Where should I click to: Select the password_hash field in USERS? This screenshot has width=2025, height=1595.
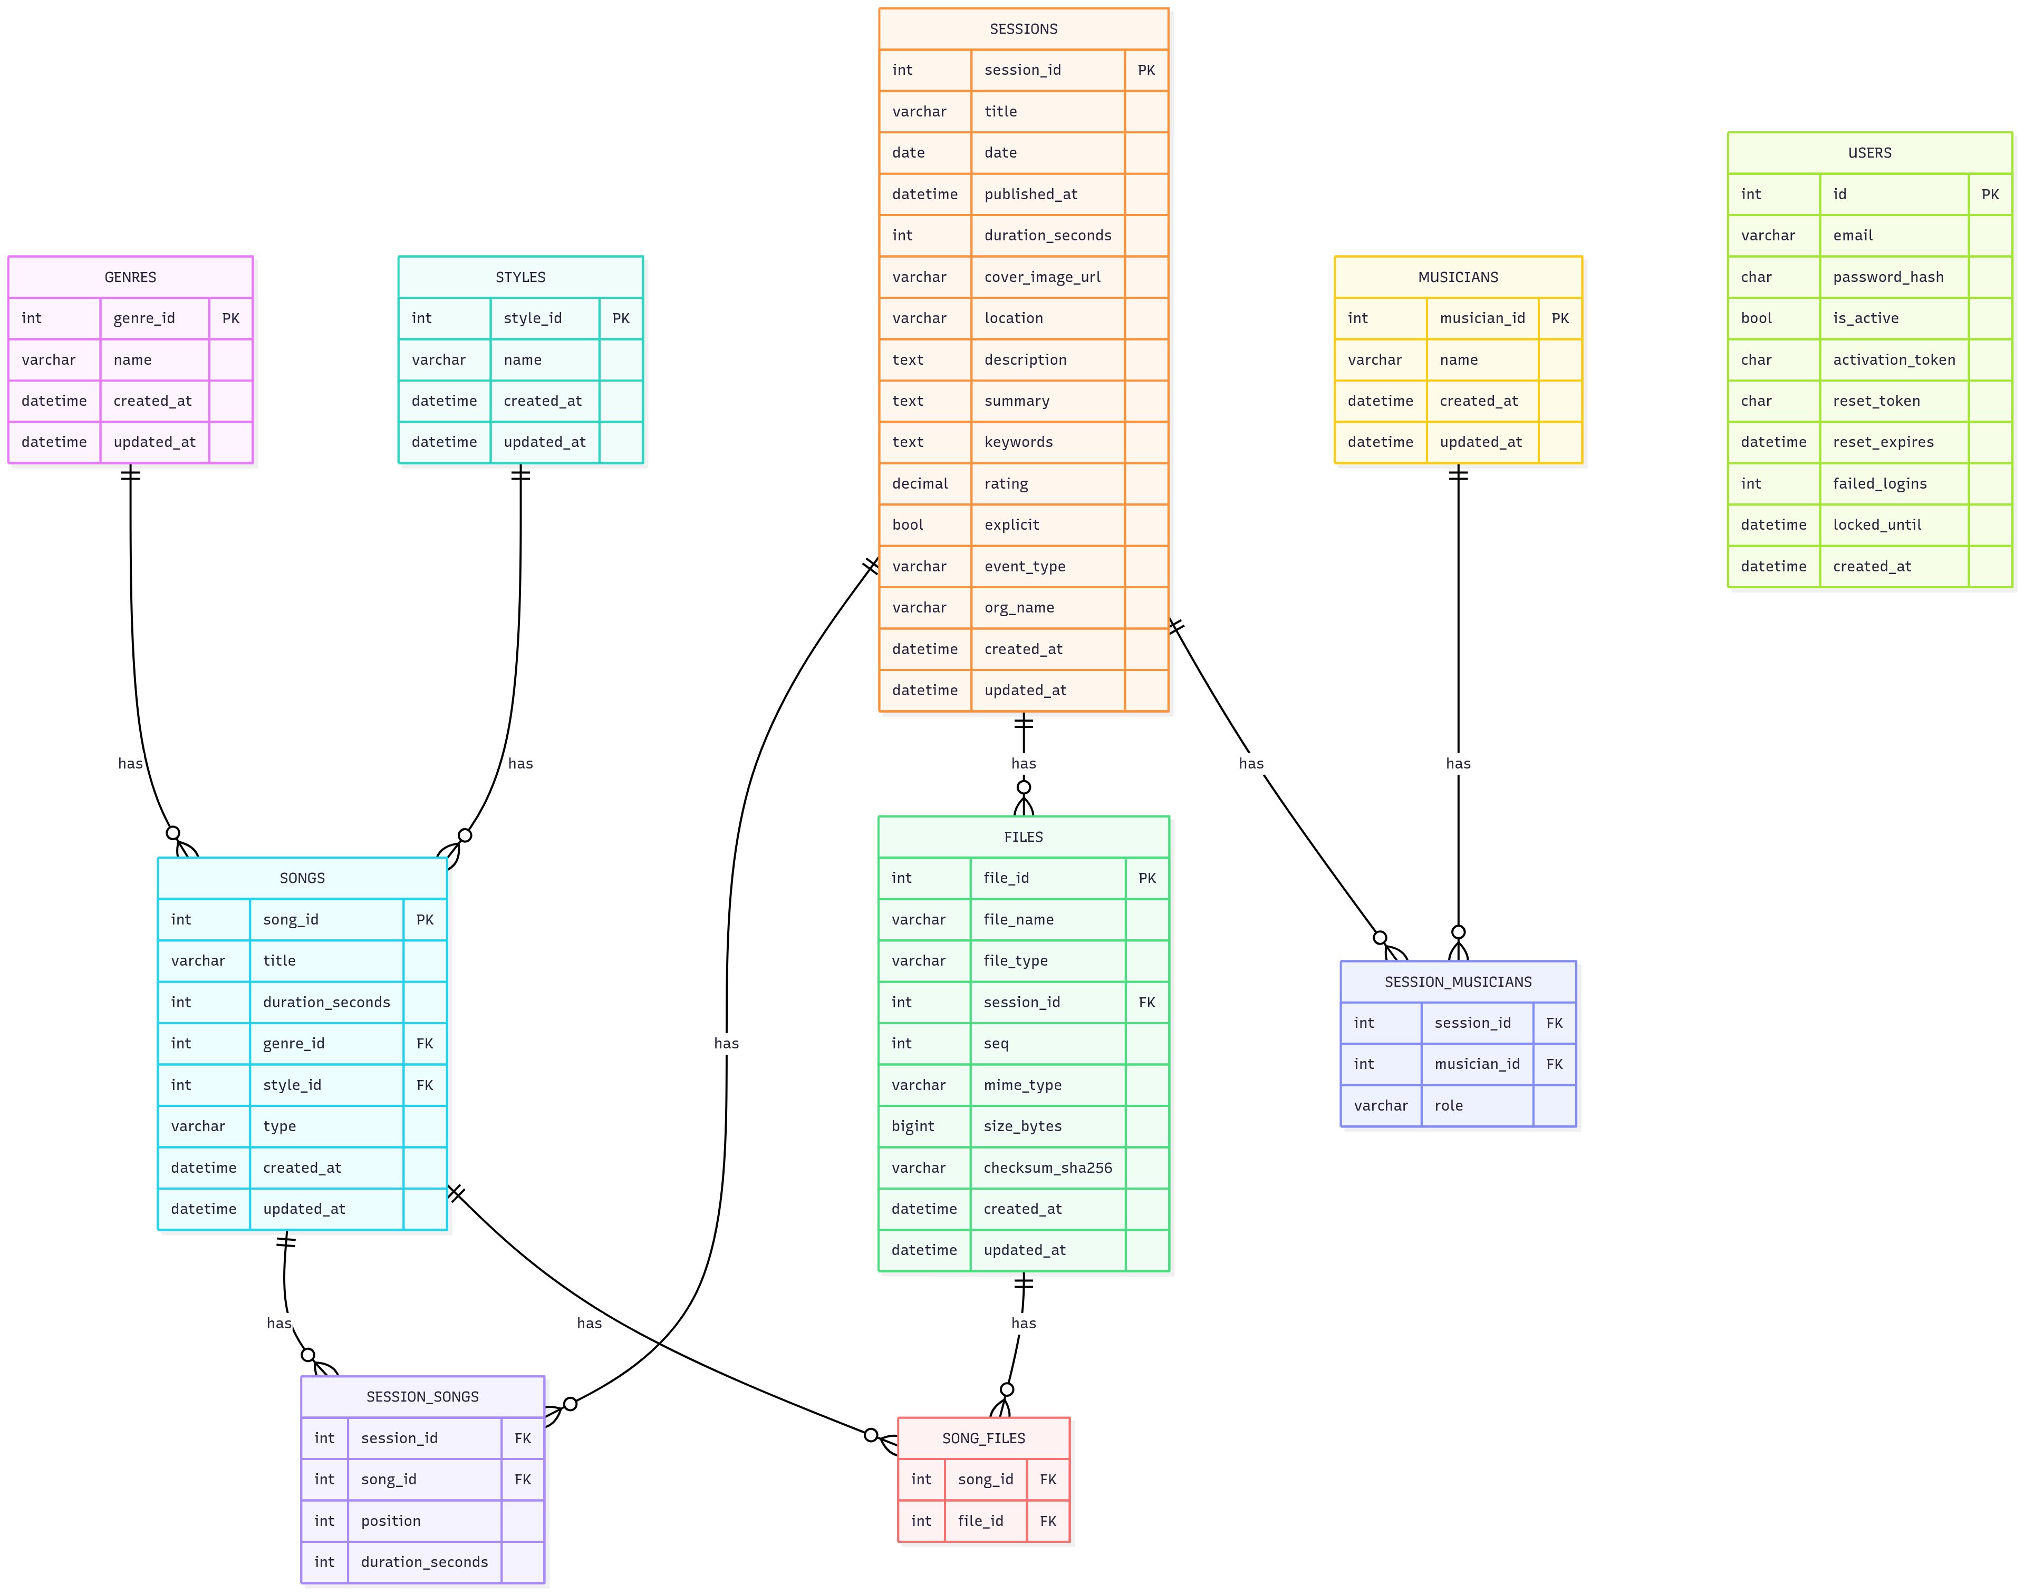point(1888,277)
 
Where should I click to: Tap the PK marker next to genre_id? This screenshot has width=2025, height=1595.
point(230,318)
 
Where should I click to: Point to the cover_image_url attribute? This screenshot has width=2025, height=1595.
point(1043,277)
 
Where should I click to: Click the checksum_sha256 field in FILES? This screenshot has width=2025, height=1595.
point(1047,1168)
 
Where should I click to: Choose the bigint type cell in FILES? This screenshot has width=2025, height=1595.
point(912,1126)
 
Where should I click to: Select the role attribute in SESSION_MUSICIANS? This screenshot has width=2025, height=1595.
point(1449,1106)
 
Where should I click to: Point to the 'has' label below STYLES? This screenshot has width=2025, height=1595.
point(520,764)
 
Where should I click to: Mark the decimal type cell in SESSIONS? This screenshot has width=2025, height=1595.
point(920,484)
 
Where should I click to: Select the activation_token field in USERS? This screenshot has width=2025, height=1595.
point(1893,359)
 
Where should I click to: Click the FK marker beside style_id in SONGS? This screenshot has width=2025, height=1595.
point(425,1085)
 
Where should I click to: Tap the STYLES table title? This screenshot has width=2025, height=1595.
point(520,277)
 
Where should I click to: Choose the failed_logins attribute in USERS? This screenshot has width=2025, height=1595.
point(1879,484)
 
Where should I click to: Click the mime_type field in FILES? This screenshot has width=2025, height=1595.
point(1022,1085)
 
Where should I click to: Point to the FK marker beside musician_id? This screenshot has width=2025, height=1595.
point(1554,1065)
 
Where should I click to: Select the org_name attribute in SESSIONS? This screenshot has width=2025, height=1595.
point(1019,608)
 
